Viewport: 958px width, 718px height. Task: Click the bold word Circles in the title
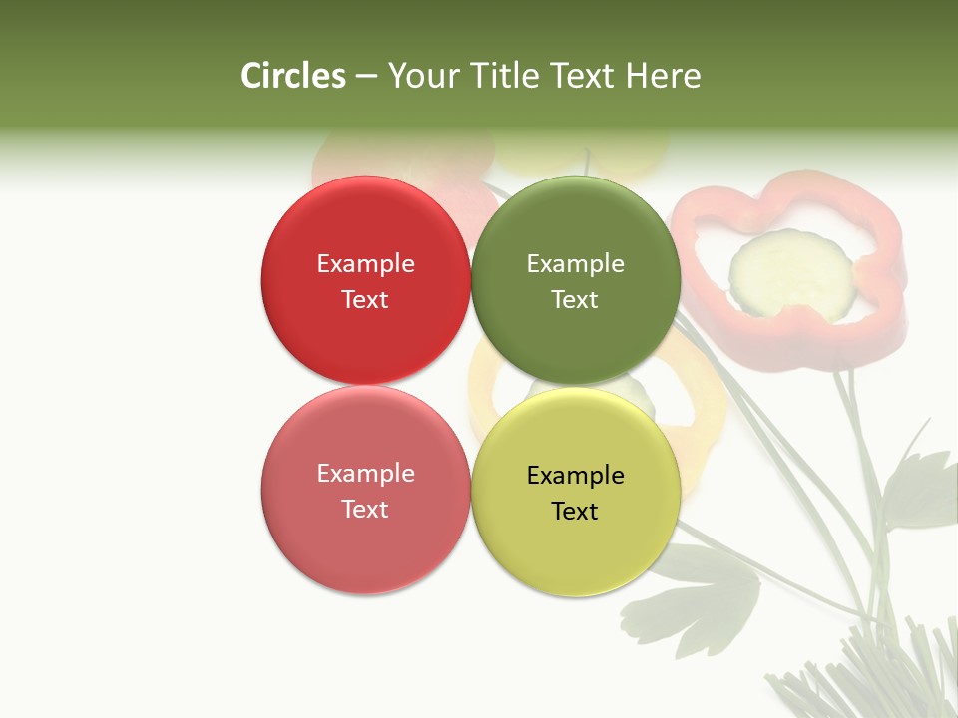click(x=292, y=76)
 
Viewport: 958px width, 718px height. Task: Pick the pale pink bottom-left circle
click(x=365, y=548)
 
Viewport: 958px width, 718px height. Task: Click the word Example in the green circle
click(x=575, y=264)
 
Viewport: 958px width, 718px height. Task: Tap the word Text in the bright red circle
click(x=365, y=299)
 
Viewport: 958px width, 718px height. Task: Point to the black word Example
click(x=575, y=475)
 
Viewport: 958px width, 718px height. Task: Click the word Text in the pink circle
click(x=365, y=509)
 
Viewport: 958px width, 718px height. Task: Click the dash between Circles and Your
click(x=366, y=76)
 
